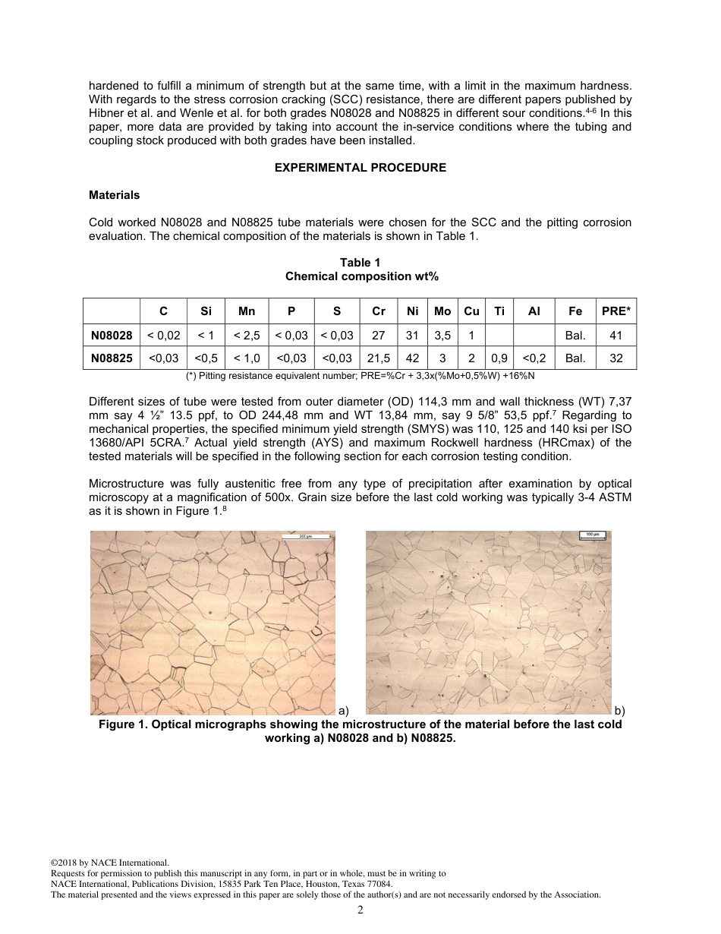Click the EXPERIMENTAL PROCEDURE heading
pyautogui.click(x=360, y=168)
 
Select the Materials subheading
pyautogui.click(x=115, y=195)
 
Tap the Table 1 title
pyautogui.click(x=360, y=263)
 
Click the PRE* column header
pyautogui.click(x=616, y=311)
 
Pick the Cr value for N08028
pyautogui.click(x=379, y=335)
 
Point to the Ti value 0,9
pyautogui.click(x=499, y=358)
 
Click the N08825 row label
pyautogui.click(x=112, y=358)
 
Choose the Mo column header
pyautogui.click(x=442, y=311)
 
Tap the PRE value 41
pyautogui.click(x=616, y=335)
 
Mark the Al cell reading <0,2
pyautogui.click(x=534, y=358)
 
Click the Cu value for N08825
pyautogui.click(x=471, y=358)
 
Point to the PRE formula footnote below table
pyautogui.click(x=360, y=376)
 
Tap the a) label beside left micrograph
pyautogui.click(x=343, y=711)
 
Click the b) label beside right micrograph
pyautogui.click(x=620, y=711)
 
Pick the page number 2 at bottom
pyautogui.click(x=360, y=910)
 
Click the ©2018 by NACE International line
pyautogui.click(x=109, y=863)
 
